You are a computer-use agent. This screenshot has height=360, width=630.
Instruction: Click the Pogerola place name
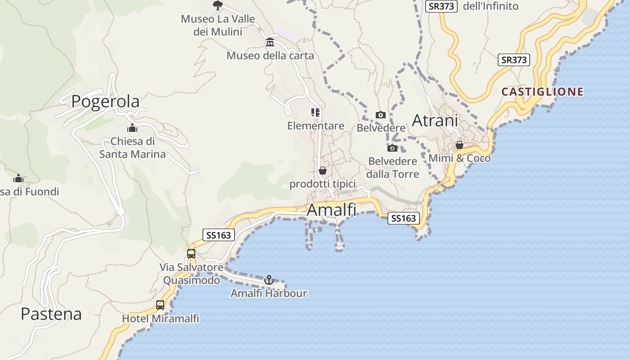[105, 102]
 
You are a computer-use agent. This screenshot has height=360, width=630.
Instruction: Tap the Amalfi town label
[331, 210]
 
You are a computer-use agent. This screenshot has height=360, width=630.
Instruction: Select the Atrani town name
[435, 120]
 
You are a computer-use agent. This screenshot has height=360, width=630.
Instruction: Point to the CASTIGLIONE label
[542, 92]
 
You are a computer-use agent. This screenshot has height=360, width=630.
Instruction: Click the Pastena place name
[51, 314]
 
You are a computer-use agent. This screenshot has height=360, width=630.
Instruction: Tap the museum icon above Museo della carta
[270, 42]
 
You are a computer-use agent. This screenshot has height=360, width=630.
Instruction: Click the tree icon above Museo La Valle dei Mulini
[218, 5]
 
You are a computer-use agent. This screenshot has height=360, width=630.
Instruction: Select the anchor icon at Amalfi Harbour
[269, 280]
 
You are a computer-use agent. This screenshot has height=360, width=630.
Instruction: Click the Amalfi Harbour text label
[269, 293]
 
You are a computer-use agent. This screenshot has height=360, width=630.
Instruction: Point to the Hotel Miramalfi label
[160, 319]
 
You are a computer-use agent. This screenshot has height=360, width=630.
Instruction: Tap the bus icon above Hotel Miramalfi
[160, 305]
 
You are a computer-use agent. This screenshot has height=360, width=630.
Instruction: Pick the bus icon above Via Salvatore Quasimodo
[191, 253]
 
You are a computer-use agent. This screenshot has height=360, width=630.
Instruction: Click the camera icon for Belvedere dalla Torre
[392, 148]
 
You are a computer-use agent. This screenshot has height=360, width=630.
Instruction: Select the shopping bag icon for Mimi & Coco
[459, 145]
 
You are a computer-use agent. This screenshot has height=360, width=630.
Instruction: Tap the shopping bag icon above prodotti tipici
[323, 171]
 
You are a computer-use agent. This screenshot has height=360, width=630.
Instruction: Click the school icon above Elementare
[315, 112]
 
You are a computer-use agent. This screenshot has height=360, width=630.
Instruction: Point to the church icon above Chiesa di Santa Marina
[132, 128]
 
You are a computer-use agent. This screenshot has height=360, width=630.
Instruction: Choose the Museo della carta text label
[270, 56]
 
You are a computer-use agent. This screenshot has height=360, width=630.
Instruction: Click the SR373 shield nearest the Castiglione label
[513, 60]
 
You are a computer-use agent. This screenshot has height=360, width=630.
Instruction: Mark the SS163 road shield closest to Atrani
[404, 218]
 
